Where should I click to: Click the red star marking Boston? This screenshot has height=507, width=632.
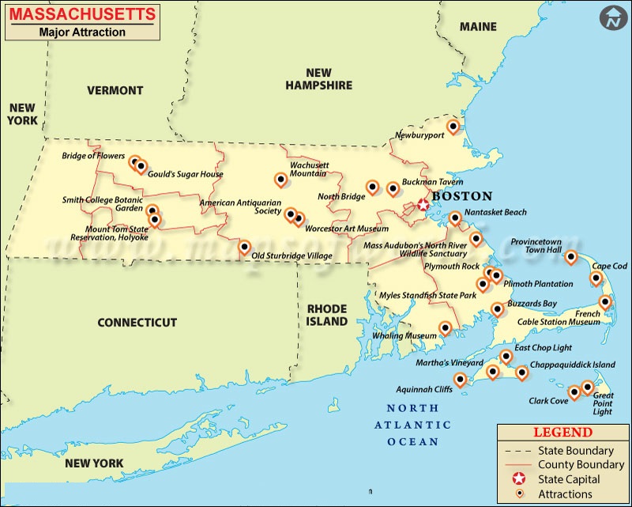pos(423,205)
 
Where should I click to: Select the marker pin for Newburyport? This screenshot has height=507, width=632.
pos(453,126)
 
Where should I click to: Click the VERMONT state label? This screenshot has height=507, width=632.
pos(115,90)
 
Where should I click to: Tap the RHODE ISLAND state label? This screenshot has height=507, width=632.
pos(327,315)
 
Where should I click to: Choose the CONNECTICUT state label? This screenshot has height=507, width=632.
pos(137,323)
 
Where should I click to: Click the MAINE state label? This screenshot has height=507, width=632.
pos(478,27)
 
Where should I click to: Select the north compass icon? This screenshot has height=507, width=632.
pos(611,17)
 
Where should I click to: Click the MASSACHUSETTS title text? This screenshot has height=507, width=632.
pos(81,14)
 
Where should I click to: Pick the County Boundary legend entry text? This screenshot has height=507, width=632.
pos(581,465)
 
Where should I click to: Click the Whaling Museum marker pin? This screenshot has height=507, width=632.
pos(445,327)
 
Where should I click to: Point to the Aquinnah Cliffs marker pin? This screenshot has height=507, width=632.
pos(460,380)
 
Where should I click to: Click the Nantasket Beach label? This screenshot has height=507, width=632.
pos(495,213)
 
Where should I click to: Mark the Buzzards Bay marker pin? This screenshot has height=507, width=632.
pos(497,308)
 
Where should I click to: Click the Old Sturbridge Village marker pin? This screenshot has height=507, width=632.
pos(244,247)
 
